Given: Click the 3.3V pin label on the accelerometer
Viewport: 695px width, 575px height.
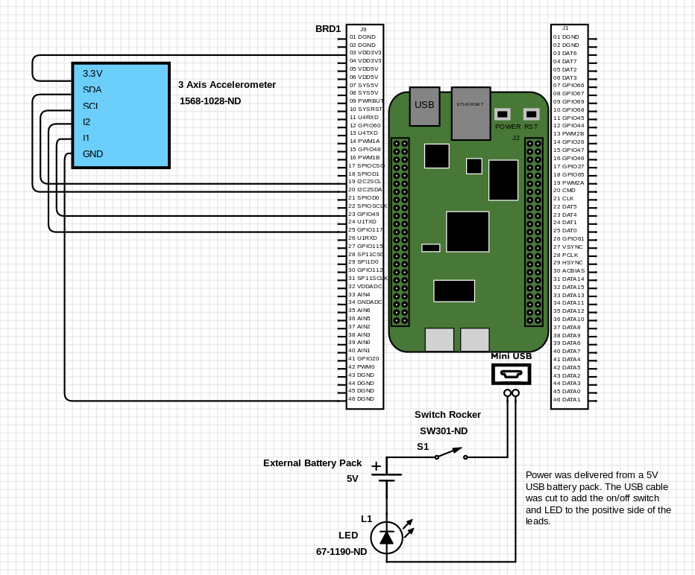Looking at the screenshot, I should tap(92, 74).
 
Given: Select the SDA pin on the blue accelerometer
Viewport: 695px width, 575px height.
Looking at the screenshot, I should tap(92, 89).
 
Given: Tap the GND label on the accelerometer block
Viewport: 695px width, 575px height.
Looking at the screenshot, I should tap(93, 154).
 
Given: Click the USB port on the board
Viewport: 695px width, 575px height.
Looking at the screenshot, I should tap(424, 105).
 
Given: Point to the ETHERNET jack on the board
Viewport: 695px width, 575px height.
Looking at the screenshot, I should tap(470, 112).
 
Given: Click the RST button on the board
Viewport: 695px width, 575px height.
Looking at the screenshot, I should tap(531, 115).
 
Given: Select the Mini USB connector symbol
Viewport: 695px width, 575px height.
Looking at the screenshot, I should tap(511, 374).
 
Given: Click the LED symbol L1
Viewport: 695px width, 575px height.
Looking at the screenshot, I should tap(386, 536).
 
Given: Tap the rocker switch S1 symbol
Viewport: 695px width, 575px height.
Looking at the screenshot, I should tap(450, 454).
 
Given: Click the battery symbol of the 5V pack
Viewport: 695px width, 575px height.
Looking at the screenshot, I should tap(386, 477).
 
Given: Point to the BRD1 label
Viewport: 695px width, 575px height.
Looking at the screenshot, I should tap(328, 29).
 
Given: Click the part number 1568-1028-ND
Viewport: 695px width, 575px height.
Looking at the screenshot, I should tap(210, 101).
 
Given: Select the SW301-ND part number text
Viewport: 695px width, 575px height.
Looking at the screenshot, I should tap(444, 431).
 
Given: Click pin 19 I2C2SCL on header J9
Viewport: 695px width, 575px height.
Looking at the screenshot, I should tap(365, 182).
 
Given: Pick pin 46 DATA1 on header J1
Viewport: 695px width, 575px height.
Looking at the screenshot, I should tap(567, 400).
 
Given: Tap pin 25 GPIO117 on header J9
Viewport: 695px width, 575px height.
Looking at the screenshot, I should tap(365, 229).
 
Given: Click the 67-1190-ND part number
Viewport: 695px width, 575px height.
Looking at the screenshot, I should tap(342, 552).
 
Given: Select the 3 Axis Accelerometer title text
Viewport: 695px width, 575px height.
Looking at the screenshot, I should tap(227, 85).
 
